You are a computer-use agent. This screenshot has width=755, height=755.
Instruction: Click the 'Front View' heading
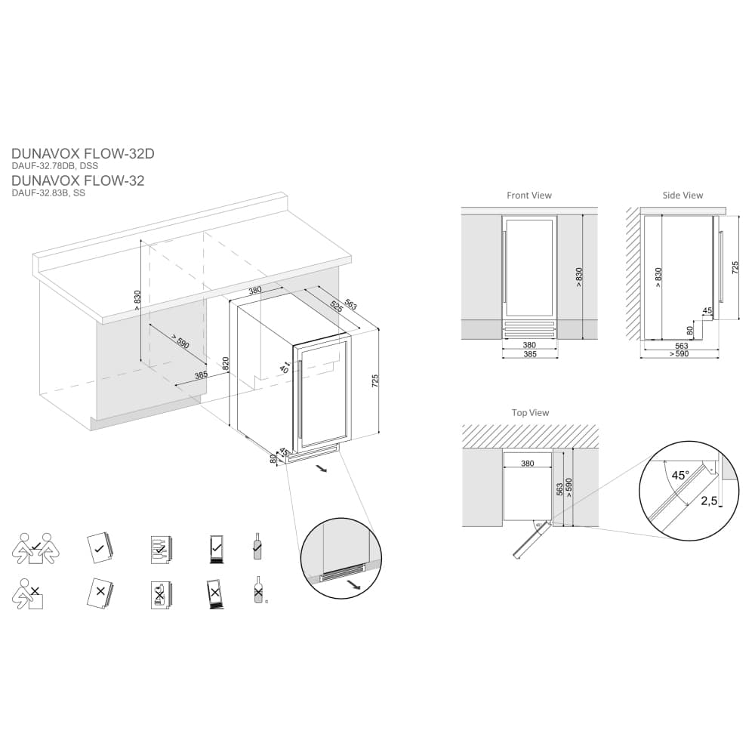click(x=528, y=196)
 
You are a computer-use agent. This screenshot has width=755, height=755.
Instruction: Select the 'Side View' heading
click(x=683, y=196)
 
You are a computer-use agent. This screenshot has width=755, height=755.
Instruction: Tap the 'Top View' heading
click(x=530, y=413)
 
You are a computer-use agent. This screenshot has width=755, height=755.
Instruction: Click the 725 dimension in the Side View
click(x=735, y=267)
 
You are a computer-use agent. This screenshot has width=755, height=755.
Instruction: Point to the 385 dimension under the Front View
click(x=529, y=354)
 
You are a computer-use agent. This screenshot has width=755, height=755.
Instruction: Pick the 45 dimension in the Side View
click(x=707, y=310)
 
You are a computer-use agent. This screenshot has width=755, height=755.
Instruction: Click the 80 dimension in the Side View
click(x=690, y=330)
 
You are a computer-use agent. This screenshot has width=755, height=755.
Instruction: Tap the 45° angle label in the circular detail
click(x=680, y=476)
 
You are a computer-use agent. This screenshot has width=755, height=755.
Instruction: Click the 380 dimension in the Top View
click(x=527, y=464)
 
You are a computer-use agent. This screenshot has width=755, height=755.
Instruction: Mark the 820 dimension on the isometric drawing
click(x=226, y=363)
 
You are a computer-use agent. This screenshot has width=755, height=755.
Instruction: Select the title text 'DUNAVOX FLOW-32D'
click(x=83, y=153)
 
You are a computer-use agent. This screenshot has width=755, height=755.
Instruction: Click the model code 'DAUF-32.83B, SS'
click(x=48, y=193)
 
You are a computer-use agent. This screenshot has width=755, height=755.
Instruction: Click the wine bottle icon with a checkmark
click(x=257, y=547)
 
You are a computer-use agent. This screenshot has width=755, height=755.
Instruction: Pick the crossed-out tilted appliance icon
click(x=215, y=593)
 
